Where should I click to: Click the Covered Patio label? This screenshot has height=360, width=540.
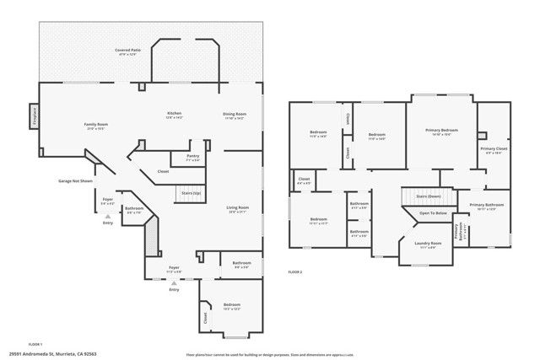128,51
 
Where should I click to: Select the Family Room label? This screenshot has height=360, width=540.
95,126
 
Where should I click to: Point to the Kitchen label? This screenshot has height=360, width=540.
174,114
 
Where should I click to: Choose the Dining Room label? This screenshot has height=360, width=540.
234,115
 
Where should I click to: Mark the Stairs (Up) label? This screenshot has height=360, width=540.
192,194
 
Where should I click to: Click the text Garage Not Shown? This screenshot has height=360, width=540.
74,181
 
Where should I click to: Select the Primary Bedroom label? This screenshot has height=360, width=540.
441,131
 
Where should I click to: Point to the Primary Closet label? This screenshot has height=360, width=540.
493,150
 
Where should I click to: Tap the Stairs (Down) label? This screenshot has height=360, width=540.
429,196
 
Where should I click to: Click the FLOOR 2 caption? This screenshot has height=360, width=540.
295,272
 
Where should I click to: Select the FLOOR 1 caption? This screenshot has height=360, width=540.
35,344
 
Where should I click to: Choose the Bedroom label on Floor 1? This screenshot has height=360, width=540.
231,305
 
